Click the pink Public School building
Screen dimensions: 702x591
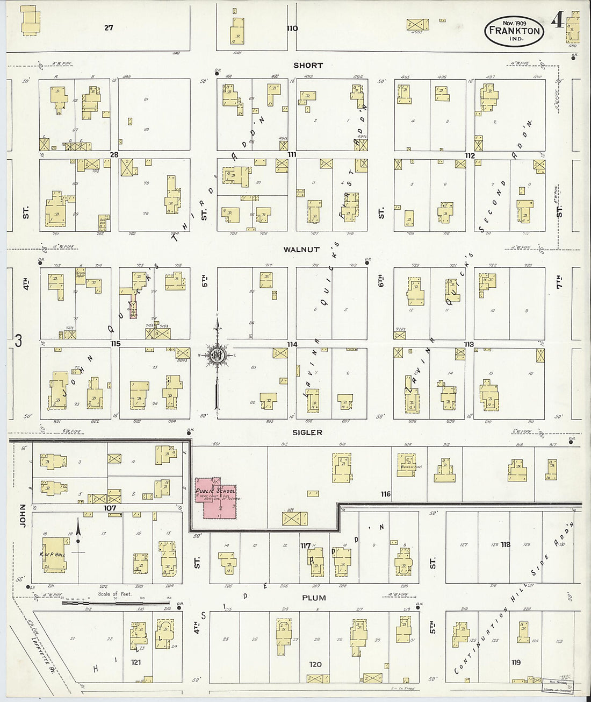point(216,498)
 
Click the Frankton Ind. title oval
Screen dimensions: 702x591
point(514,31)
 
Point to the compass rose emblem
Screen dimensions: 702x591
point(218,355)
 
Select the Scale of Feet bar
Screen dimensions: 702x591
point(116,602)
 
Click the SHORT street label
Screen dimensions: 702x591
point(308,65)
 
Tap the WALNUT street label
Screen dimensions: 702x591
point(301,250)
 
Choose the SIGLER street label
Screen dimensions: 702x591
point(307,432)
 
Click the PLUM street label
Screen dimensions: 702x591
point(314,598)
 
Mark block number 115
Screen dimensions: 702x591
point(116,344)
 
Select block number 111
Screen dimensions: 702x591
point(292,155)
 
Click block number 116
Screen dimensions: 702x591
point(385,494)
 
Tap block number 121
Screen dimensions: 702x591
point(135,662)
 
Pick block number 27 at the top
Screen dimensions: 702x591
point(109,27)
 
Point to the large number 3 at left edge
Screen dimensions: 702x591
point(18,341)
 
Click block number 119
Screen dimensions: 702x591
point(516,662)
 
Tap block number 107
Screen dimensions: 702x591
point(110,507)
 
